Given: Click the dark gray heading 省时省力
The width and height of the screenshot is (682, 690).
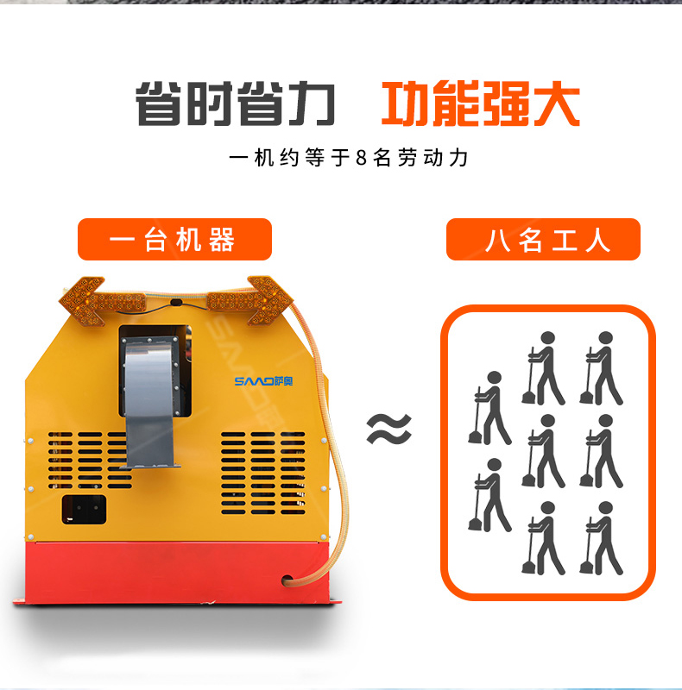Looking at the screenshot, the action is [236, 103].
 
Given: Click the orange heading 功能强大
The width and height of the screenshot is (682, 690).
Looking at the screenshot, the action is [481, 103].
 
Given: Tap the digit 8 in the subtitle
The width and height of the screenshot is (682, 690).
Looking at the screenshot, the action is [361, 158].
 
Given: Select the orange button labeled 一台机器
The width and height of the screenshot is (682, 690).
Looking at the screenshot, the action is [174, 240].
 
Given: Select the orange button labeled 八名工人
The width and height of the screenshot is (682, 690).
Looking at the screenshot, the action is [543, 240].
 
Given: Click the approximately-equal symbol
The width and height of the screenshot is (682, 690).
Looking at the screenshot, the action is [389, 429].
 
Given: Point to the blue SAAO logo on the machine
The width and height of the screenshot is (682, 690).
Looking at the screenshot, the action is [263, 381].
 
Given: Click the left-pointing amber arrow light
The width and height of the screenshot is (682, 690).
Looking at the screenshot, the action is [102, 300].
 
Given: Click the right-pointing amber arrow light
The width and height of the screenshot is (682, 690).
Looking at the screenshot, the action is [249, 300].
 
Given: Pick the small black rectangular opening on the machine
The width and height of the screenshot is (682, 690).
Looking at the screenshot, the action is [84, 510].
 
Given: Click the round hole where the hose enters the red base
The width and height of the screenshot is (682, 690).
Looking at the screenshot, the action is [287, 580].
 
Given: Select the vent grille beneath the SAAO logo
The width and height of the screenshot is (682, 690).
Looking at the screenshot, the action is [263, 473].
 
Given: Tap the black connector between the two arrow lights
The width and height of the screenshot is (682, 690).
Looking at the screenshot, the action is [176, 304].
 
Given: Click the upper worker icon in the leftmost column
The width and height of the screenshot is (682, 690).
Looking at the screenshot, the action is [489, 408].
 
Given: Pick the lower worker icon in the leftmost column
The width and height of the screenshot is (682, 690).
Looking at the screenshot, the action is [489, 494].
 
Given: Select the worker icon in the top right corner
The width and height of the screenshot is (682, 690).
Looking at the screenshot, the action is [601, 368].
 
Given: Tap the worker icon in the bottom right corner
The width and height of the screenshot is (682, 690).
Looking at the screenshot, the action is [601, 538].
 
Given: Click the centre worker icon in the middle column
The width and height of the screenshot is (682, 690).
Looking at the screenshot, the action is [543, 451].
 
